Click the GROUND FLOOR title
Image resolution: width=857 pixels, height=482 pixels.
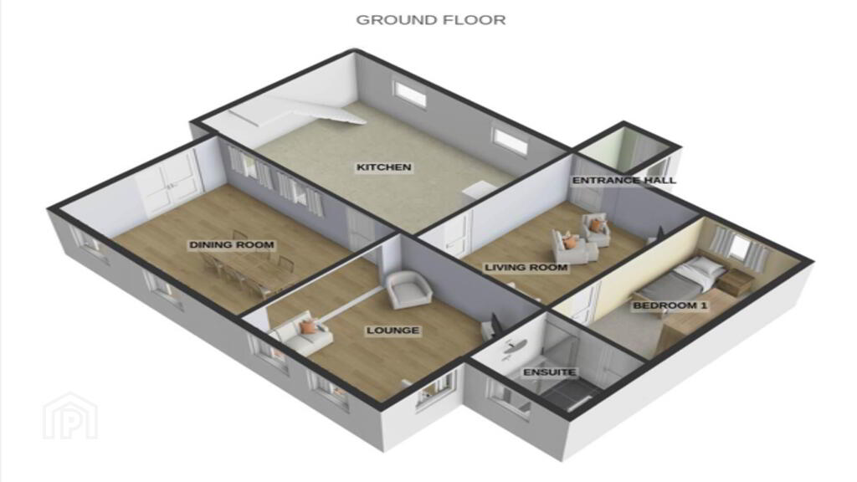pyautogui.click(x=431, y=20)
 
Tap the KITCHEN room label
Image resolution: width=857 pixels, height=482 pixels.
pyautogui.click(x=383, y=167)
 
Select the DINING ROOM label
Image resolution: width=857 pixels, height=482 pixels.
pyautogui.click(x=231, y=245)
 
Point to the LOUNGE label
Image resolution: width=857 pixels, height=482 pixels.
pyautogui.click(x=393, y=330)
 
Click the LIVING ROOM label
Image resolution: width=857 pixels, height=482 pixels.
pyautogui.click(x=526, y=267)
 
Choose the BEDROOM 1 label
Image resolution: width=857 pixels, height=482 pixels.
pyautogui.click(x=670, y=305)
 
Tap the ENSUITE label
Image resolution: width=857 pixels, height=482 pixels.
pyautogui.click(x=549, y=372)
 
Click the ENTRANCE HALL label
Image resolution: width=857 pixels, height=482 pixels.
pyautogui.click(x=624, y=181)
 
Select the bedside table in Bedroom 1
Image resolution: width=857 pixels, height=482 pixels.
pyautogui.click(x=736, y=280)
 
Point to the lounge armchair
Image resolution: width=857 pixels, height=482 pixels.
pyautogui.click(x=408, y=290)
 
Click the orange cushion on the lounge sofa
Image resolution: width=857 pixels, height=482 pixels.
pyautogui.click(x=308, y=327)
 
